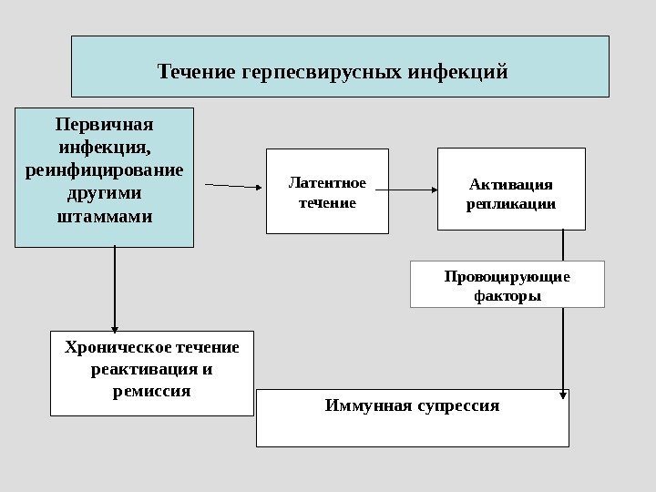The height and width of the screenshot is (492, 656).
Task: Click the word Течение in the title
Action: [198, 71]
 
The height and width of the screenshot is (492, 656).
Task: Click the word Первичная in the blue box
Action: [105, 124]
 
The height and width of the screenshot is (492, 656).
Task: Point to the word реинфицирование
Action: [105, 171]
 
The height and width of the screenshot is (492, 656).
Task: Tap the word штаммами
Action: [105, 219]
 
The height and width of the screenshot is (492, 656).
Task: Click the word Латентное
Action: [327, 183]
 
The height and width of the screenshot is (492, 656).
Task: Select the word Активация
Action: [512, 182]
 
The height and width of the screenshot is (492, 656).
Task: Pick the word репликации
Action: [512, 204]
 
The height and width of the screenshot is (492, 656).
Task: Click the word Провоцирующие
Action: [507, 276]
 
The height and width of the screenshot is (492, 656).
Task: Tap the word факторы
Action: [507, 296]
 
